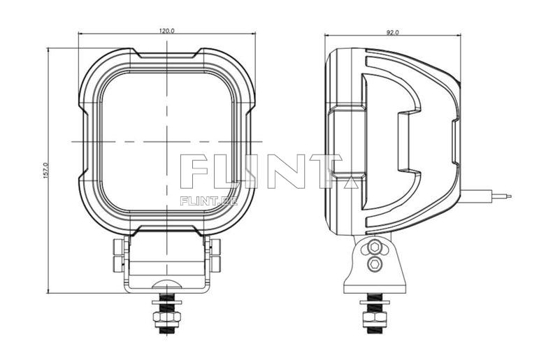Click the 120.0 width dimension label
(x=166, y=31)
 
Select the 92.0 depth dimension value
(x=392, y=31)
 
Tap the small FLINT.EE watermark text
(x=208, y=201)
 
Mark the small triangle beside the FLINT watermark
(x=350, y=184)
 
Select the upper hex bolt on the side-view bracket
(x=375, y=247)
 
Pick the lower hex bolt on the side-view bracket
(x=375, y=263)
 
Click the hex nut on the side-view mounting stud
(x=375, y=319)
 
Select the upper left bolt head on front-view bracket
(x=117, y=246)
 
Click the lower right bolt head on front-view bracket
(x=215, y=264)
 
